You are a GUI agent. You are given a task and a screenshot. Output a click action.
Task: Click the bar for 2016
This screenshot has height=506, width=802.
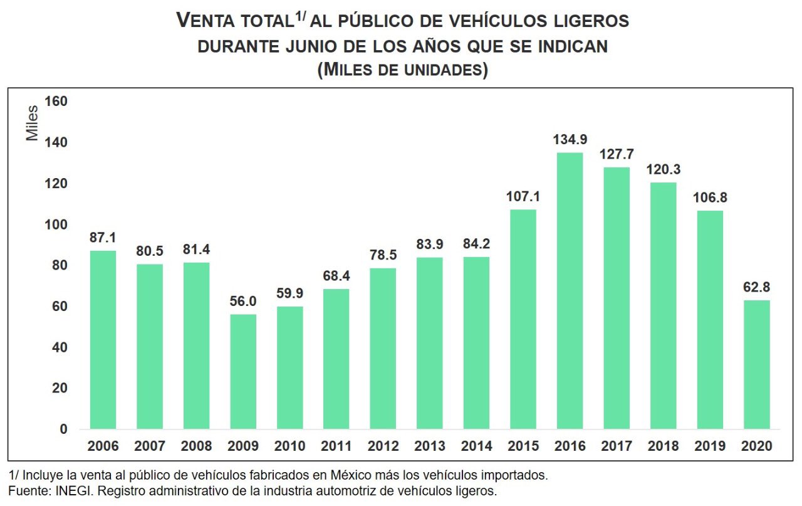point(570,291)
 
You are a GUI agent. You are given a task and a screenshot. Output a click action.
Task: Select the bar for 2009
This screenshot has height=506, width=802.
point(243,371)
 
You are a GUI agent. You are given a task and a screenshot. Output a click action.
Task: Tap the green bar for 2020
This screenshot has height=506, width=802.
point(756,364)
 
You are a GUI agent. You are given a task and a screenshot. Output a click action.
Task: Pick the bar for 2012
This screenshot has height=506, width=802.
point(383,349)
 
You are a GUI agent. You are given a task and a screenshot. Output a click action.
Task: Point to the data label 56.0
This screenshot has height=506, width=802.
point(243,301)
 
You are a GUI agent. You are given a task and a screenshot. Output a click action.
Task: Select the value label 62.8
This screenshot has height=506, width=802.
point(756,287)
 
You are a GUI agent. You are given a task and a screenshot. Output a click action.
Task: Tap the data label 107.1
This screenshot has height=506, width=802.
point(523,196)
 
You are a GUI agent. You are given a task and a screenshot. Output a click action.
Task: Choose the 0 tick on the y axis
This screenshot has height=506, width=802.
point(63,430)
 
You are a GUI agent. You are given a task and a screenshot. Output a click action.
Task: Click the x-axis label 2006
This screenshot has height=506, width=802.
point(103,446)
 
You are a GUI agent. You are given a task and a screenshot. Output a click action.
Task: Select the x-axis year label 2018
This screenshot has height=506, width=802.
point(663,446)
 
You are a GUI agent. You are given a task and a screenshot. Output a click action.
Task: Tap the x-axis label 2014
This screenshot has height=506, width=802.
point(476,446)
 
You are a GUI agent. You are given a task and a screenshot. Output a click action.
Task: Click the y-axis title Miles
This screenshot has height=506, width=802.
point(33,123)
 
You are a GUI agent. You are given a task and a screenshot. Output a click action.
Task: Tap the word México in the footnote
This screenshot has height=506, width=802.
point(341,475)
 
